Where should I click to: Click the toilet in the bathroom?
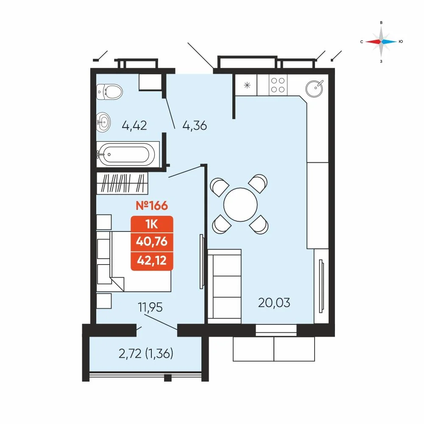tap(109, 92)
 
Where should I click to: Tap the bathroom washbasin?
tap(103, 122)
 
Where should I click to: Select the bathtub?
tap(126, 154)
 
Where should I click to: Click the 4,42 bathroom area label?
tap(134, 126)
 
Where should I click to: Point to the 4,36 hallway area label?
tap(195, 126)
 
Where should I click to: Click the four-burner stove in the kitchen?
tap(278, 85)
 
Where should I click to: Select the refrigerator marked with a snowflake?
tap(246, 85)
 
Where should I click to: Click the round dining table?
tap(240, 204)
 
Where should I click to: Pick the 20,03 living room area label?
tap(274, 303)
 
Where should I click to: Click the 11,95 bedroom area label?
tap(151, 307)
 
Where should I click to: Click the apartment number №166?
tap(152, 206)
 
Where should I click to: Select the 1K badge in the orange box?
tap(152, 224)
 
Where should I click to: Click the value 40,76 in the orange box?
tap(152, 242)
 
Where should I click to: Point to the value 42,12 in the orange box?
tap(152, 260)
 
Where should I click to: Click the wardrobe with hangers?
tap(122, 183)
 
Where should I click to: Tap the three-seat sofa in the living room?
tap(224, 286)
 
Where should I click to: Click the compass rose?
tap(381, 42)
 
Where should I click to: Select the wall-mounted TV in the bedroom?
tap(201, 262)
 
